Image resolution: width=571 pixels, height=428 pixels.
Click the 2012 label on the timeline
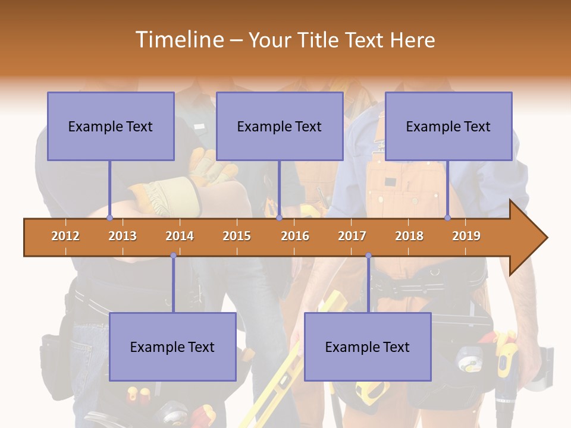[65, 236]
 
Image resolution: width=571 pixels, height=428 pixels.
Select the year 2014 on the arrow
[180, 236]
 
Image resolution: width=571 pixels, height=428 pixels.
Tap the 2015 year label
[237, 236]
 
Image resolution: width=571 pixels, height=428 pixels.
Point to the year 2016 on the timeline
[295, 236]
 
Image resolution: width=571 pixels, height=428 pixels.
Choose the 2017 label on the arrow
[352, 236]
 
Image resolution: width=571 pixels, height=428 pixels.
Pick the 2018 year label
[409, 236]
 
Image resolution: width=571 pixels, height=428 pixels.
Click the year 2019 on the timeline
[466, 236]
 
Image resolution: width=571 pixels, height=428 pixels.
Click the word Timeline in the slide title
[178, 40]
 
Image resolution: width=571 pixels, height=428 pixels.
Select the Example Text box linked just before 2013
[111, 127]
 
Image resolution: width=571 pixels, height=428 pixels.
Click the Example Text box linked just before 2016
[280, 127]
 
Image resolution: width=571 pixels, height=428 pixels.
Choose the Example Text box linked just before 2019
[448, 127]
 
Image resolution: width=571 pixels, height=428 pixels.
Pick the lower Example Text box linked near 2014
[172, 347]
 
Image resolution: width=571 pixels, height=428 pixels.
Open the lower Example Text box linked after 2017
[368, 347]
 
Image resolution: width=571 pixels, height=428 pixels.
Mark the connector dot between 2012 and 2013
[109, 218]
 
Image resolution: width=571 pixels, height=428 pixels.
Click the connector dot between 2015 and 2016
[279, 218]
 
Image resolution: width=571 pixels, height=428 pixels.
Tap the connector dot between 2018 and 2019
[448, 218]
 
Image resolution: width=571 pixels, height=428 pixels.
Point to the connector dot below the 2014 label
[173, 256]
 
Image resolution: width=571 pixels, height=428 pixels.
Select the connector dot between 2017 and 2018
[368, 256]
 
